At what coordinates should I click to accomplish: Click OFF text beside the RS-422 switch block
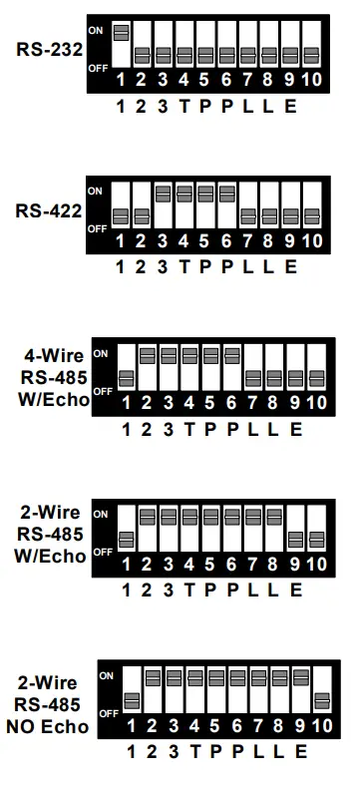96,228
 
